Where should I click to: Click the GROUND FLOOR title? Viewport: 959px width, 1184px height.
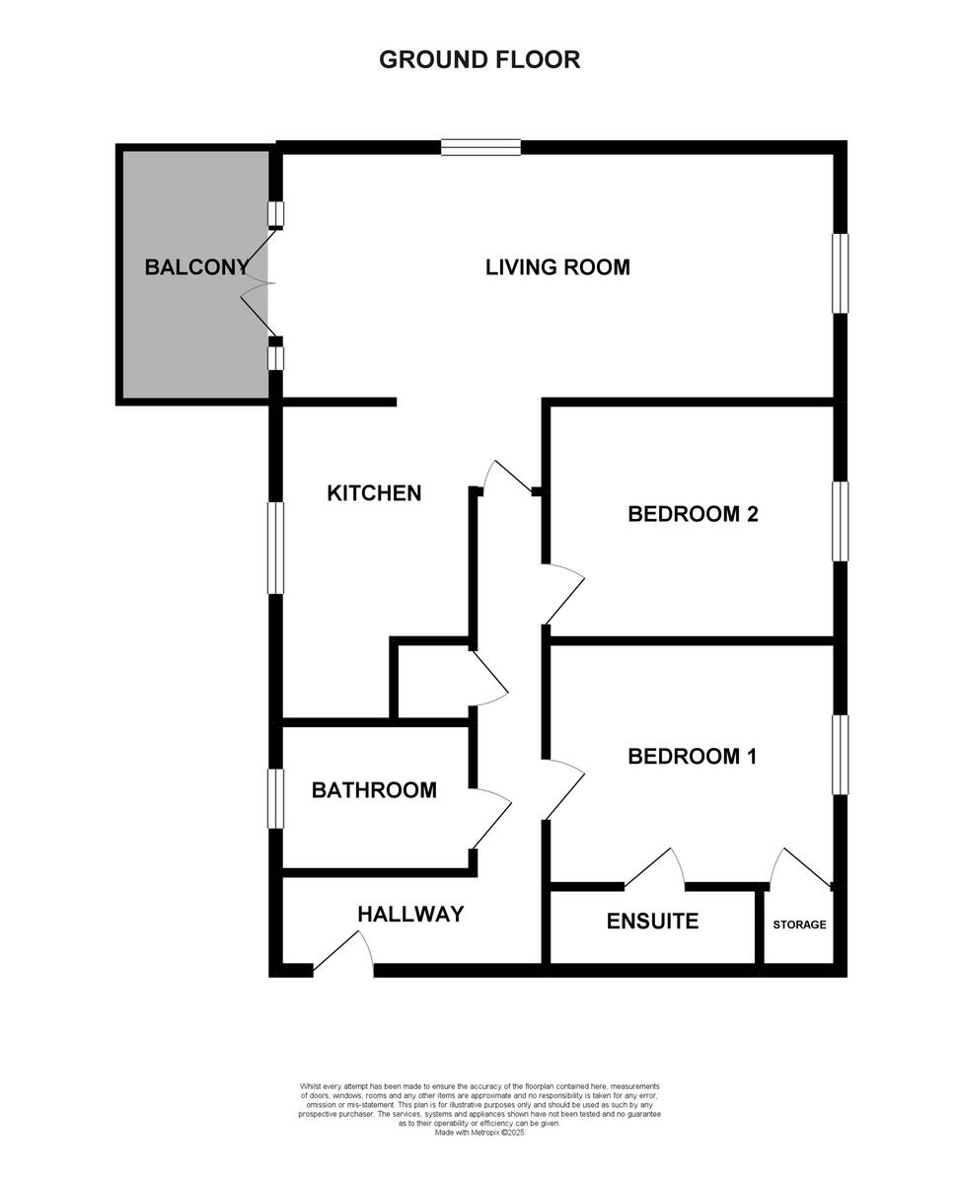tap(479, 59)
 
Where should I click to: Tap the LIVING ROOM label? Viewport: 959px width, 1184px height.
tap(557, 266)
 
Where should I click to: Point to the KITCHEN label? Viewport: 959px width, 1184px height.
tap(374, 492)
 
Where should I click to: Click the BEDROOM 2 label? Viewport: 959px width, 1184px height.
tap(693, 513)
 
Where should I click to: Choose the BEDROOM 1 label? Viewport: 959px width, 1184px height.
tap(692, 757)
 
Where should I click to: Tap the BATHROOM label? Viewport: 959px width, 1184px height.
tap(374, 789)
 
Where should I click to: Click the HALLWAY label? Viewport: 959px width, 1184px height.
tap(410, 914)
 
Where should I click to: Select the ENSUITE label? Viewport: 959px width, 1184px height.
tap(652, 922)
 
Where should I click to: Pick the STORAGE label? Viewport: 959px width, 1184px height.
tap(799, 925)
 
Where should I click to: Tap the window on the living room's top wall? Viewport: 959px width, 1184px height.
tap(480, 148)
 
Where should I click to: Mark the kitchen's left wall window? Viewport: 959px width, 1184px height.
tap(276, 548)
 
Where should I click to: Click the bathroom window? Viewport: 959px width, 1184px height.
tap(276, 798)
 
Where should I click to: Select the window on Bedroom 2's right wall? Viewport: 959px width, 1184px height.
tap(840, 521)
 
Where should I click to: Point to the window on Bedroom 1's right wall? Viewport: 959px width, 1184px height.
tap(840, 755)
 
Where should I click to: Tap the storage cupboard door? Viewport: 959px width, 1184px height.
tap(801, 866)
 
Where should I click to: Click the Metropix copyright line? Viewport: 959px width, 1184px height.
tap(479, 1133)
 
